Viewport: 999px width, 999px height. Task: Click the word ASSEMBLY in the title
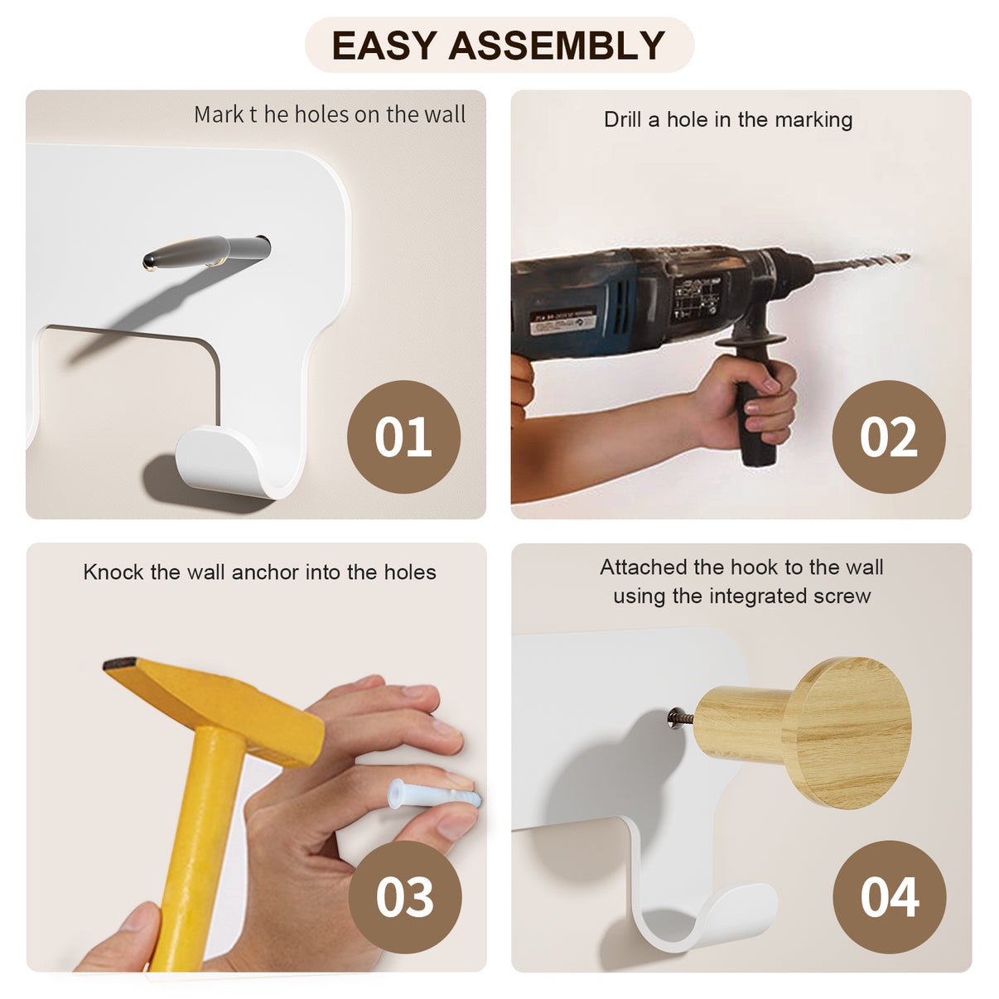[x=557, y=45]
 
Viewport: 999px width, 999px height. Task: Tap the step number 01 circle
[x=403, y=437]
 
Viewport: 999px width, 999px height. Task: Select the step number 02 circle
[x=889, y=437]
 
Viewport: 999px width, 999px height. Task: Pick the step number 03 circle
[x=405, y=897]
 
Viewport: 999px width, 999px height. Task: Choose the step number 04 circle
[x=890, y=897]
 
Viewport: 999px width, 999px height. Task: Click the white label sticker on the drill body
[x=562, y=321]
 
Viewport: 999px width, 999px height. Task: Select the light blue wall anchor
[x=434, y=794]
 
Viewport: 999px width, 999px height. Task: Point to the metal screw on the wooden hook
[x=681, y=718]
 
